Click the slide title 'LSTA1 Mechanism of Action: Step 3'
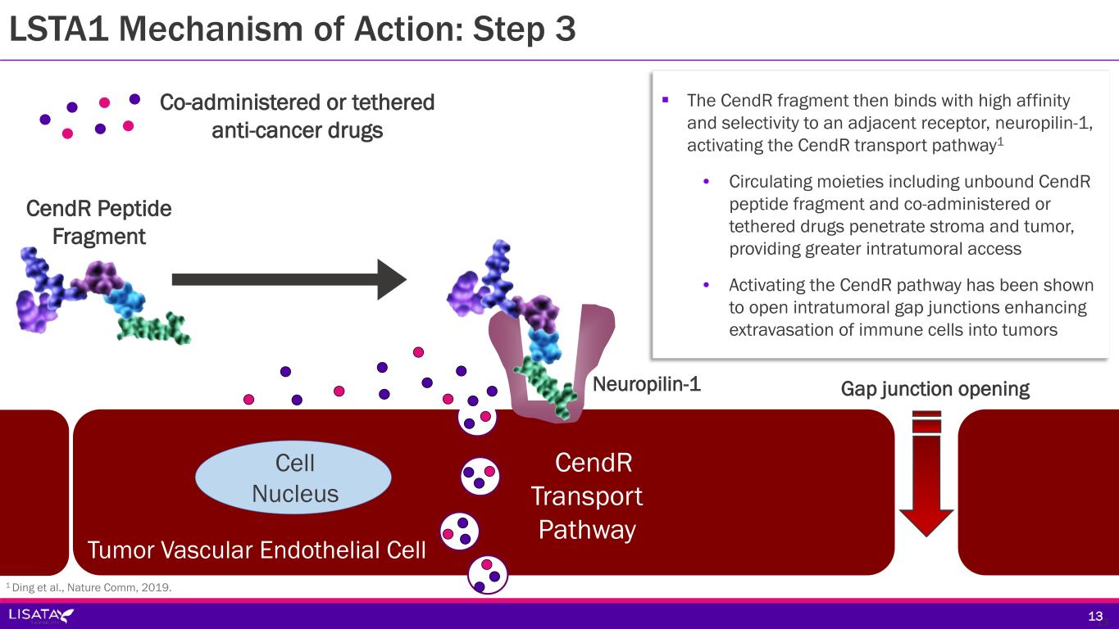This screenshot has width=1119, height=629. (291, 29)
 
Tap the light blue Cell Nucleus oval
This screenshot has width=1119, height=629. (294, 478)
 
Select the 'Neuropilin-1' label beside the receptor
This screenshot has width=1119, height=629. (646, 384)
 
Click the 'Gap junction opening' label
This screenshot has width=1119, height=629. (935, 389)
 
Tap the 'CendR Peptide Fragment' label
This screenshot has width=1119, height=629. (99, 222)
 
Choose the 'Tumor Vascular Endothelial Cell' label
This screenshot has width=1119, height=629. (257, 550)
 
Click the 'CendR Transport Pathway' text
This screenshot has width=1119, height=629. (587, 496)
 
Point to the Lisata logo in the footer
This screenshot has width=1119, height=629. (41, 614)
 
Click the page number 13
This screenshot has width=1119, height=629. (1095, 616)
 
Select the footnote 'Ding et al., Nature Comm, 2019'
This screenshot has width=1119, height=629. (90, 586)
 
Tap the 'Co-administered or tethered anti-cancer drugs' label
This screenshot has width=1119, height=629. (297, 116)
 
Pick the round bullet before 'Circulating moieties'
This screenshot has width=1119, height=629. (707, 182)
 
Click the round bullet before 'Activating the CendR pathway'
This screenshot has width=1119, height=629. (707, 285)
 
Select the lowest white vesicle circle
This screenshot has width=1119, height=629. (487, 574)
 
